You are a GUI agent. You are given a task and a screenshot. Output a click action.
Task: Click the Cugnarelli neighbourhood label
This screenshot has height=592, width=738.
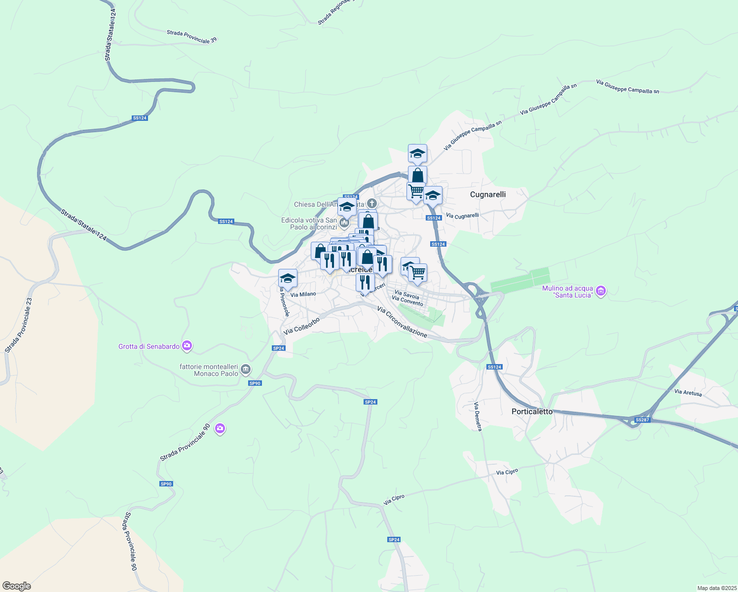click(487, 194)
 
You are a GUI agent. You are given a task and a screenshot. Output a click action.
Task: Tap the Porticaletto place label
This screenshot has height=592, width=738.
click(532, 411)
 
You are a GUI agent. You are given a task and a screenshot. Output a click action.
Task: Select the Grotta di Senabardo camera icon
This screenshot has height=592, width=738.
click(187, 346)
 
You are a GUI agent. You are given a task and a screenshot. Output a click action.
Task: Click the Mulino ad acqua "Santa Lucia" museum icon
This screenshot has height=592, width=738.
click(601, 291)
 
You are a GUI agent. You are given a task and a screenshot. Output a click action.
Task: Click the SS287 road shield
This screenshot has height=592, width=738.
click(642, 420)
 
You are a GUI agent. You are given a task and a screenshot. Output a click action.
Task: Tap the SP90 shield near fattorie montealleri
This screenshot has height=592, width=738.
click(255, 383)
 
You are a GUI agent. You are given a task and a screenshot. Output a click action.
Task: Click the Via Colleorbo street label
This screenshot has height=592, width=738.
click(302, 326)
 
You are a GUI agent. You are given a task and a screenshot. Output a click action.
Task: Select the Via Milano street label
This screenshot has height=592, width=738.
click(303, 295)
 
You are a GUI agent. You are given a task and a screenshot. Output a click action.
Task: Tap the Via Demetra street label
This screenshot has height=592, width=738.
click(478, 417)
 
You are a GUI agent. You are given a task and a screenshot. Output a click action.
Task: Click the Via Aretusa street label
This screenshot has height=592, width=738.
click(688, 393)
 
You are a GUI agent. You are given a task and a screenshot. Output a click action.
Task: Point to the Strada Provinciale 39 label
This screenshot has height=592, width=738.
click(191, 37)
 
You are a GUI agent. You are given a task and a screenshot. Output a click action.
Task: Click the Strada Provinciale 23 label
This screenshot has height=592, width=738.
click(19, 325)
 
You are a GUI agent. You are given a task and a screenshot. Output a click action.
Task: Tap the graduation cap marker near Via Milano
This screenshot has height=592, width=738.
click(288, 279)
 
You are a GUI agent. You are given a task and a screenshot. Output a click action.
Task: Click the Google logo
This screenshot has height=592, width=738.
click(16, 586)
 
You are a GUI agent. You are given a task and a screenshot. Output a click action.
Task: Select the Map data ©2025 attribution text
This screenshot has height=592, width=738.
click(716, 588)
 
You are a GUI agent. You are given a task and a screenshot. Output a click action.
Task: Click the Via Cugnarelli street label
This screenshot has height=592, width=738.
click(462, 216)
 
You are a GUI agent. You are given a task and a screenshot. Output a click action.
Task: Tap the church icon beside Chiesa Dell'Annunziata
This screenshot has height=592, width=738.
click(372, 203)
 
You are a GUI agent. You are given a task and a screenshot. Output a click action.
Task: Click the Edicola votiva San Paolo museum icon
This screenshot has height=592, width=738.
click(344, 223)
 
